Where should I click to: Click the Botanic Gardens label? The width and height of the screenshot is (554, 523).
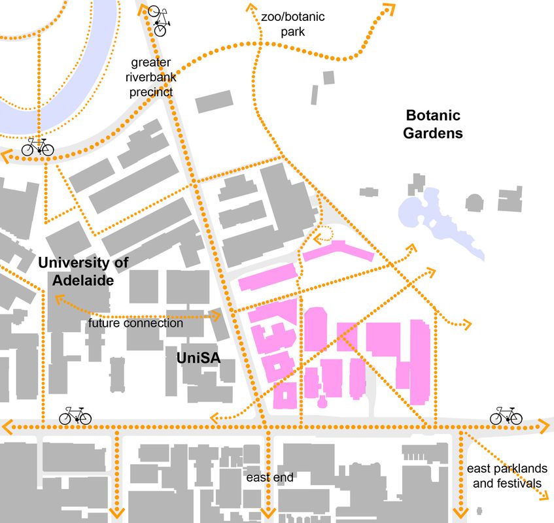point(432,124)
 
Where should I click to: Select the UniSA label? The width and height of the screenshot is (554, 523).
point(198,358)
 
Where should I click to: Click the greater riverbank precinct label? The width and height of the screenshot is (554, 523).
point(151,77)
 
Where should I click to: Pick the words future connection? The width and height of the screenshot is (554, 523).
point(135,323)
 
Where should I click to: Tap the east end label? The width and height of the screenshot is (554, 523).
point(269,478)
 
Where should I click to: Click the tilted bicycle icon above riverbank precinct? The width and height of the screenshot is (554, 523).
point(161,20)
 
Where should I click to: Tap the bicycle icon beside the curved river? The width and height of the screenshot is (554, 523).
point(37,147)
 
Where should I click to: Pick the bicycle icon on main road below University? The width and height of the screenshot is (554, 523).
point(75,415)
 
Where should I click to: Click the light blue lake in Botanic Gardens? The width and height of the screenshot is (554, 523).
point(435,212)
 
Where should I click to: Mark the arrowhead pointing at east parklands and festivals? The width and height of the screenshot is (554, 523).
point(544,498)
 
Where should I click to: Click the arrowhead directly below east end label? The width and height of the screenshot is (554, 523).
point(268,513)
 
